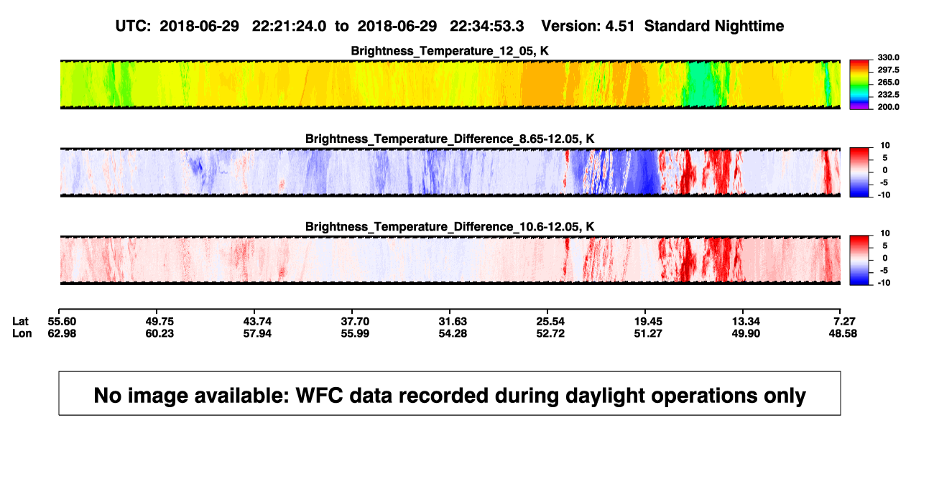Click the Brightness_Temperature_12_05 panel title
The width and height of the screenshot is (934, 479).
click(450, 51)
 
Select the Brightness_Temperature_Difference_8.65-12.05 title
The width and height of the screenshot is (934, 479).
click(450, 139)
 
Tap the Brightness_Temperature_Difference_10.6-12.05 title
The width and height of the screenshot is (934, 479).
click(450, 227)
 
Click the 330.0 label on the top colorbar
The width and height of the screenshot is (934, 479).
click(888, 57)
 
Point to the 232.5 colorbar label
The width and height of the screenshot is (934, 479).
click(888, 95)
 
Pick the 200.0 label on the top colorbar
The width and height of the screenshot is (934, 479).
click(888, 107)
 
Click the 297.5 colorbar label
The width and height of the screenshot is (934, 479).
click(888, 70)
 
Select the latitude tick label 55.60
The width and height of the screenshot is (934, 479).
click(62, 322)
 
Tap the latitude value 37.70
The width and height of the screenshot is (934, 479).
click(355, 322)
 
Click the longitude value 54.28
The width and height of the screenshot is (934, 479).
click(453, 333)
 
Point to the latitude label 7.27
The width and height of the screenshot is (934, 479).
click(844, 322)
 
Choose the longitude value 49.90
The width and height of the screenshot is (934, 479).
click(746, 333)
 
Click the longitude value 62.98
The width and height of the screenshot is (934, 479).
click(62, 333)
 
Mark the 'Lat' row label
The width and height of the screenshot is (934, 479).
click(20, 322)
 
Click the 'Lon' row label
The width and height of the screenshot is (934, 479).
click(22, 333)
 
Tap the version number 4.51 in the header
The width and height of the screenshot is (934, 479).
click(619, 26)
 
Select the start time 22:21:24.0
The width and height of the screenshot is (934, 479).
click(289, 26)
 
